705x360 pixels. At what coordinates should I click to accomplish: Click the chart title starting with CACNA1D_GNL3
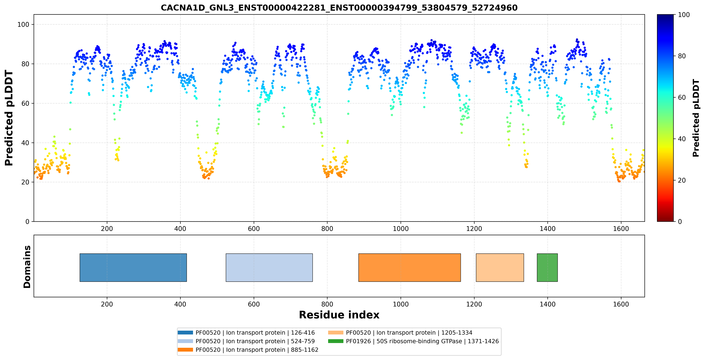339,8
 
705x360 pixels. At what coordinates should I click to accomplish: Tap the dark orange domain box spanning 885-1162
409,267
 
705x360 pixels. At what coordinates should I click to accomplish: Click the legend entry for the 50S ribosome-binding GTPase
413,341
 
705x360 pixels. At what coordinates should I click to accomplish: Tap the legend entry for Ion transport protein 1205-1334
400,333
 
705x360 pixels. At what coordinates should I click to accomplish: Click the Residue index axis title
339,315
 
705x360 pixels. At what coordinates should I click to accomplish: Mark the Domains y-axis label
27,267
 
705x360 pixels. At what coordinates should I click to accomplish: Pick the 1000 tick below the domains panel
401,304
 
